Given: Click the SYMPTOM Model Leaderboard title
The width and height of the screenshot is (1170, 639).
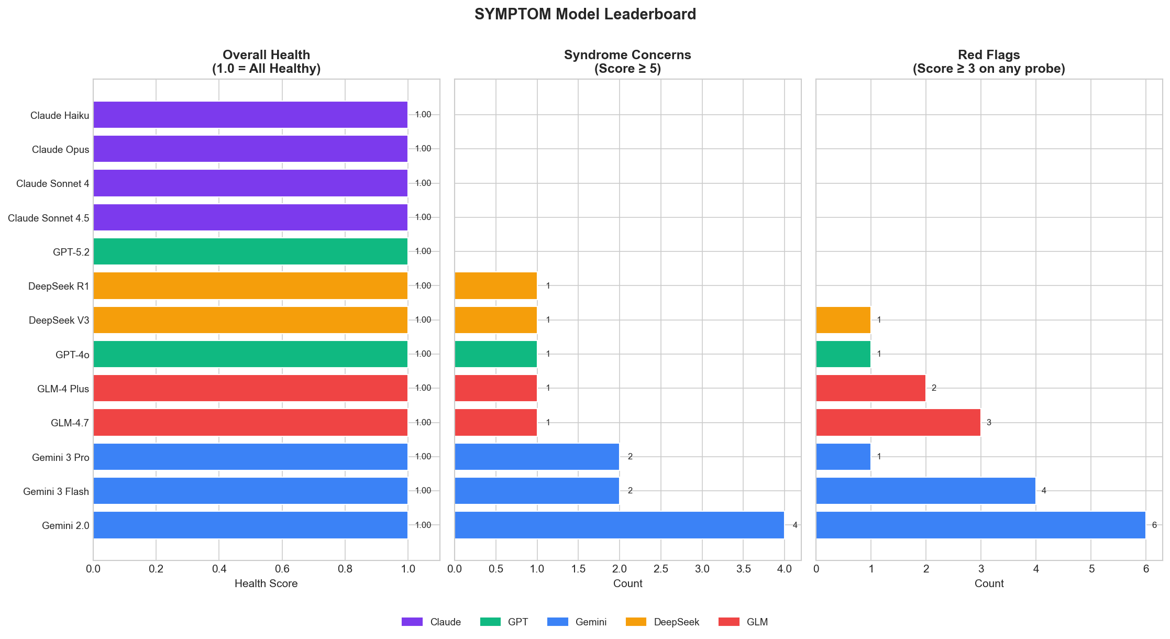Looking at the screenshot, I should [585, 14].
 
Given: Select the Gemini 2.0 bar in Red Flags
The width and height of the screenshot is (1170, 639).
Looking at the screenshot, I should [980, 525].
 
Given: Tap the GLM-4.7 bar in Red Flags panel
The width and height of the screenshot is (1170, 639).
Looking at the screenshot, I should [898, 422].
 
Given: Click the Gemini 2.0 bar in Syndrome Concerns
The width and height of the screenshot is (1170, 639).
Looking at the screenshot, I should [619, 525].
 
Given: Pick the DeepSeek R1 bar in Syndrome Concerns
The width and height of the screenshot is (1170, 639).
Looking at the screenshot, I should [495, 285].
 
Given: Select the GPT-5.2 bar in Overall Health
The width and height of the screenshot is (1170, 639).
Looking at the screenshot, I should [250, 251].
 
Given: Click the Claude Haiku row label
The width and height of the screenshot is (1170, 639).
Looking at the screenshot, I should [60, 115].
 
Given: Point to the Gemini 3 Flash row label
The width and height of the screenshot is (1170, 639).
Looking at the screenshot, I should [56, 491].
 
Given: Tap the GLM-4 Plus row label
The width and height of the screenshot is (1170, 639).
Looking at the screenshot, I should [63, 389].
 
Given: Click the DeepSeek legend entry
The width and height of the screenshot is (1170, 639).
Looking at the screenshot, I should [676, 622].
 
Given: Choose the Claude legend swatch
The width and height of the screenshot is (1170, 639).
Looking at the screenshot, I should [412, 622].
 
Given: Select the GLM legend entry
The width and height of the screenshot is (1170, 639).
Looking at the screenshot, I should [757, 622].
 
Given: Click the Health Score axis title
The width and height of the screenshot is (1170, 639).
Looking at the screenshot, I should [266, 583].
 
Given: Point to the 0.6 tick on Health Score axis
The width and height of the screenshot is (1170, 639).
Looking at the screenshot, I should [282, 569].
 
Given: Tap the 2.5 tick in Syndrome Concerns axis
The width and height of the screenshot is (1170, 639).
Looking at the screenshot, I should [661, 569].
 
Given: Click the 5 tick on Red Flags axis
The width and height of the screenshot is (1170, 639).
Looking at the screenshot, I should [1091, 569].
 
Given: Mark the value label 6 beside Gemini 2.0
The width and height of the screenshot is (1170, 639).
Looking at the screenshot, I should [1154, 525].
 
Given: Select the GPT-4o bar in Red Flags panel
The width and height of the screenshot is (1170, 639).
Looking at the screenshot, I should [843, 354].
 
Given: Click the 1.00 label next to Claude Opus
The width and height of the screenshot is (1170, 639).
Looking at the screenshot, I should [423, 149].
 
